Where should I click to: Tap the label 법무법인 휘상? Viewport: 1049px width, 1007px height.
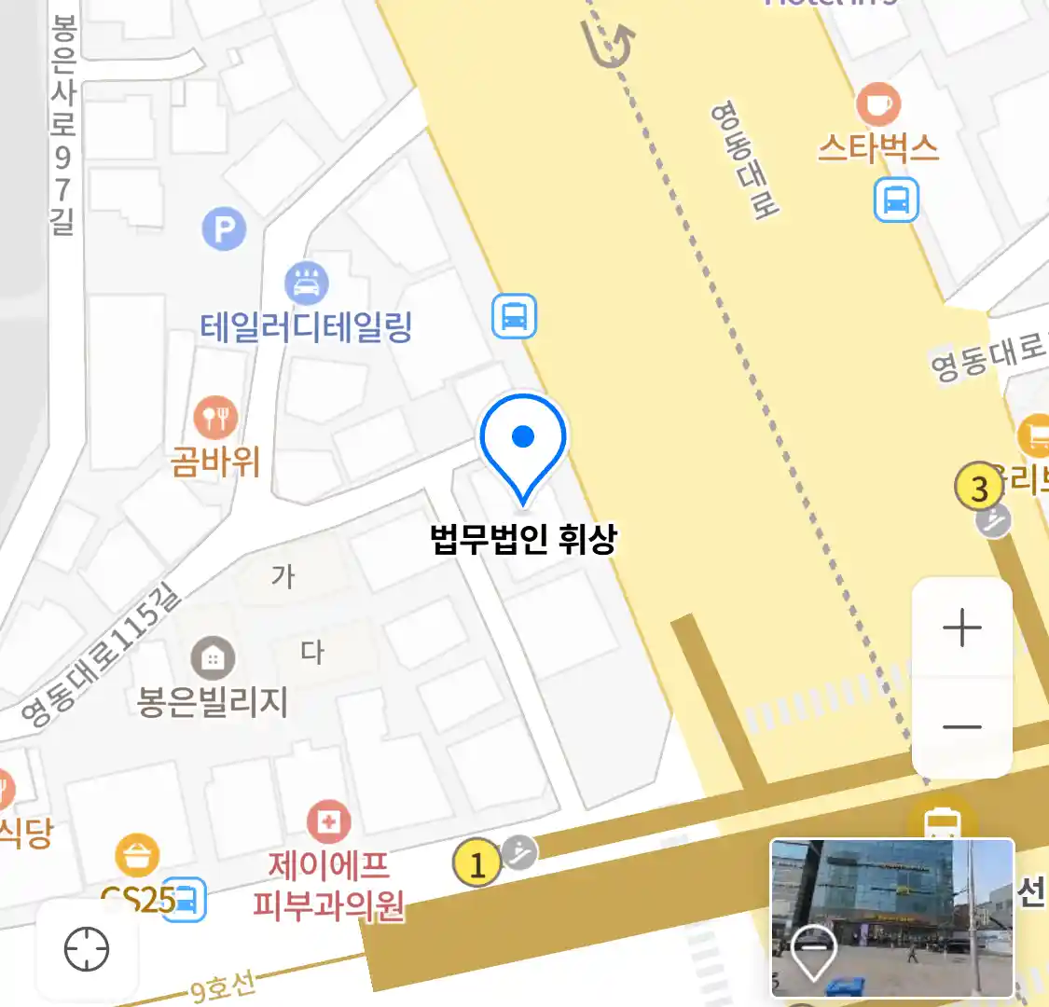click(523, 539)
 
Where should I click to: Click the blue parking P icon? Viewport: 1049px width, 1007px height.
click(224, 229)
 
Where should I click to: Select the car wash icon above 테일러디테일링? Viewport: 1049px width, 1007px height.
click(307, 282)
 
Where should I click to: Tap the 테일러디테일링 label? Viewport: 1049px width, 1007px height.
click(306, 326)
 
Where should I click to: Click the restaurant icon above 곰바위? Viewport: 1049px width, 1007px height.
click(215, 417)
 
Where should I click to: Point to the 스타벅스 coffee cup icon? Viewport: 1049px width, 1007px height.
click(877, 103)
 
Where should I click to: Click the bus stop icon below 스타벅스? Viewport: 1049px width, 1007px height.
click(896, 200)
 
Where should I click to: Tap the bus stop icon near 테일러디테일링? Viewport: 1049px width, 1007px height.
click(514, 316)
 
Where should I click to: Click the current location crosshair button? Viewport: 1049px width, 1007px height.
click(87, 950)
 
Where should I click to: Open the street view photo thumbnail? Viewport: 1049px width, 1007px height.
click(891, 917)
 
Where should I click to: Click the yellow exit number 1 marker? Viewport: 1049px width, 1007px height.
click(476, 864)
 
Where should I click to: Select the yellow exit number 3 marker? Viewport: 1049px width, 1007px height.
click(978, 488)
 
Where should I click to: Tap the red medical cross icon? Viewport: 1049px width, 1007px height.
click(328, 821)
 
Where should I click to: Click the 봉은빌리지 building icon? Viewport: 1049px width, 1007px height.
click(213, 658)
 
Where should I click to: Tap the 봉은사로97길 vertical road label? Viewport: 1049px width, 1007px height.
click(62, 126)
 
